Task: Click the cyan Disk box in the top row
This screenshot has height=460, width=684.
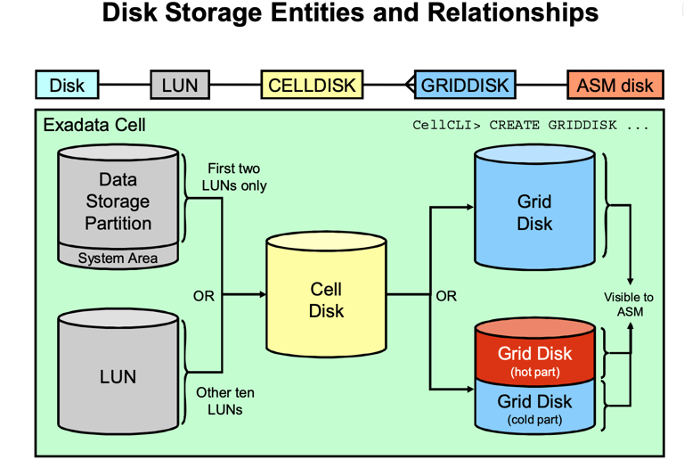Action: click(67, 86)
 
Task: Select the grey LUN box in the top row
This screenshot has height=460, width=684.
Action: click(180, 86)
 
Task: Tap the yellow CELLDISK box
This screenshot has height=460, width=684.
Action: click(312, 86)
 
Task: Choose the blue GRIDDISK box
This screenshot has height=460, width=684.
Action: click(464, 86)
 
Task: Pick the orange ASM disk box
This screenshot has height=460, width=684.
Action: click(615, 86)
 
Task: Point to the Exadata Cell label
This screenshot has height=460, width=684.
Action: click(94, 125)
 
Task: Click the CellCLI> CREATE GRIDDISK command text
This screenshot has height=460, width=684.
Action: click(531, 125)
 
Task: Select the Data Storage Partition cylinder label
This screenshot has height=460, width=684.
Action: click(118, 201)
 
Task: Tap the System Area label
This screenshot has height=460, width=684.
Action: click(118, 259)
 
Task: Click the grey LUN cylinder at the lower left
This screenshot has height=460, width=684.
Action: click(118, 376)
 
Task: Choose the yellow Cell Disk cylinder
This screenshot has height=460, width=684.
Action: click(326, 300)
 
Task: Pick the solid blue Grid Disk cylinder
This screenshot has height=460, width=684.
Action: click(534, 213)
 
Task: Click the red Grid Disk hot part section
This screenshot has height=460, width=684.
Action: click(534, 358)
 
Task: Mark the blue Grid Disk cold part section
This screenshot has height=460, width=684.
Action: click(534, 407)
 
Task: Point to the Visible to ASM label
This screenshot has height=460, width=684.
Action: click(629, 304)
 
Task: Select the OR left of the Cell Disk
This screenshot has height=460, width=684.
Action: click(204, 295)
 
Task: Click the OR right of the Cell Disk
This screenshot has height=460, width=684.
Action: click(446, 295)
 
